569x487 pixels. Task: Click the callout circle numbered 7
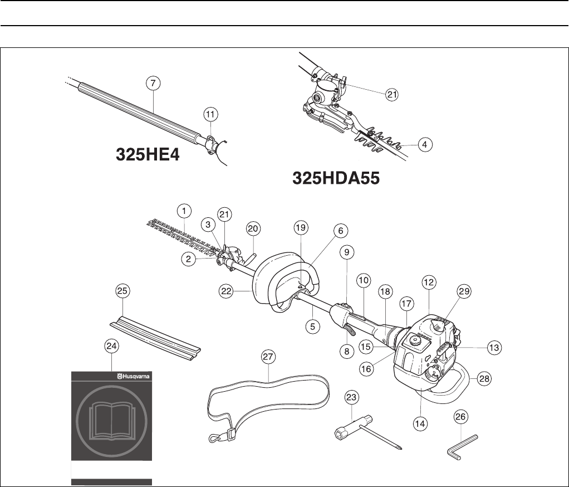pos(153,82)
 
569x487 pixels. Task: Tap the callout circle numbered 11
pos(210,114)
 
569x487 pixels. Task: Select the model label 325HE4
pos(148,154)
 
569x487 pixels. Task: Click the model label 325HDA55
pos(336,179)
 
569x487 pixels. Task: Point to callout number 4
pos(425,144)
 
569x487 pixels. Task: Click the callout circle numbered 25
pos(122,290)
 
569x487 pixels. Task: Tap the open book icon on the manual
pos(112,419)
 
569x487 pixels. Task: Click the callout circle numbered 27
pos(268,357)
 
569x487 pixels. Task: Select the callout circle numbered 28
pos(484,378)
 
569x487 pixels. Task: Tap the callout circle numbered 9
pos(346,252)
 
